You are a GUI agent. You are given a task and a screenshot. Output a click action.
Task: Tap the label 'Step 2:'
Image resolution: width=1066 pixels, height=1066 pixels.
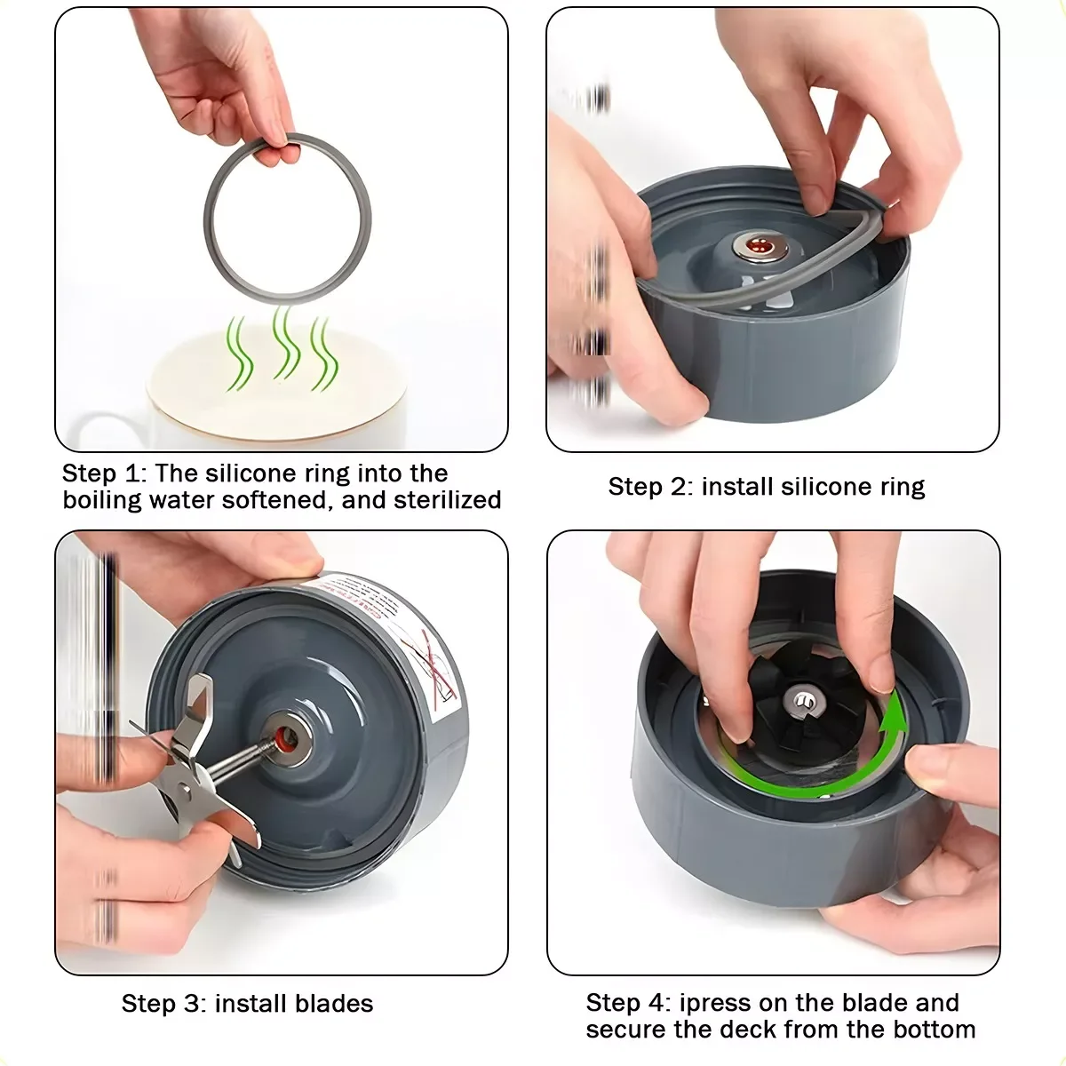650,487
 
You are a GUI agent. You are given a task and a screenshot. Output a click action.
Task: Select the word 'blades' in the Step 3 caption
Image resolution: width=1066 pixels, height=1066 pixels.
335,1004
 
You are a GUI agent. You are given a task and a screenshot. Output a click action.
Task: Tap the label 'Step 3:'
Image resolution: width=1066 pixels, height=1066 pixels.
163,1004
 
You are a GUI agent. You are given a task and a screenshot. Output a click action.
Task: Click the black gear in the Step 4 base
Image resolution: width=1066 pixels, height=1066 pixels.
795,706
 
